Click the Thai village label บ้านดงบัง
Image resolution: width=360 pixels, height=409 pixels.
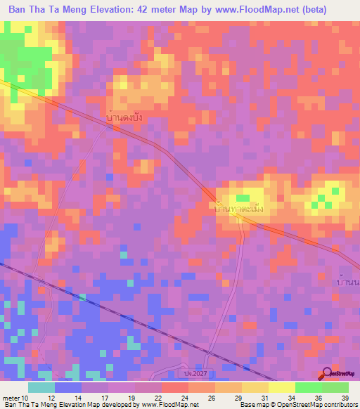(x=124, y=117)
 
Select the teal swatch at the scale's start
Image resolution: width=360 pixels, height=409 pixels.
(x=41, y=387)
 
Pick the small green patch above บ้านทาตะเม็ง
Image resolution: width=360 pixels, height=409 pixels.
(x=242, y=199)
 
